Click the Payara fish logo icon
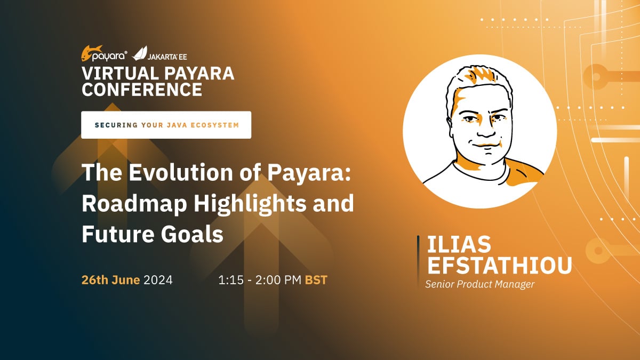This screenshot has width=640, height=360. tap(91, 53)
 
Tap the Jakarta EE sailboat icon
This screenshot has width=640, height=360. tap(140, 53)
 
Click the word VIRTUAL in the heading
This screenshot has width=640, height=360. tap(121, 73)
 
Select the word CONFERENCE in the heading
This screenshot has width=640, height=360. tap(142, 89)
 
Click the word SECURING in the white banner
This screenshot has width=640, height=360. tap(116, 125)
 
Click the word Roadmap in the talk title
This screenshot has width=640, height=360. tap(134, 204)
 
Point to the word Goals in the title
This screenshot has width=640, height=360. tap(191, 234)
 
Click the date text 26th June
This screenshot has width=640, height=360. tap(110, 279)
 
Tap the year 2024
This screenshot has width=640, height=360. tap(158, 280)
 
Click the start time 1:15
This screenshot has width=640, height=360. tap(231, 280)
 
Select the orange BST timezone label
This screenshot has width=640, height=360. tap(316, 280)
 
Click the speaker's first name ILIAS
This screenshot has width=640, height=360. tap(459, 244)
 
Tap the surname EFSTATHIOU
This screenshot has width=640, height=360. tap(499, 266)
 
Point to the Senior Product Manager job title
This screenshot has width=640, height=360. tap(479, 284)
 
